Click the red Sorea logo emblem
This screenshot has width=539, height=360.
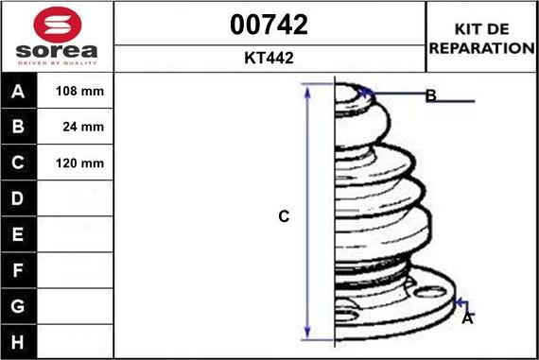[58, 25]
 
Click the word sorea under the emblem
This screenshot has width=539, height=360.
[57, 51]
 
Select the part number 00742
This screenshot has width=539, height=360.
[269, 25]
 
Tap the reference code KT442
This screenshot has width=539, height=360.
[269, 58]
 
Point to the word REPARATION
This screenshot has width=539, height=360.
[481, 48]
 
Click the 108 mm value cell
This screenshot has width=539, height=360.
[75, 91]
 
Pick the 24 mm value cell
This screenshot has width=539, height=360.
[75, 127]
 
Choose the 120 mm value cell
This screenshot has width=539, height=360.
[75, 163]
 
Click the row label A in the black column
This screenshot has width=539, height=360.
[18, 92]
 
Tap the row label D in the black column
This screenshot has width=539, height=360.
[18, 198]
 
